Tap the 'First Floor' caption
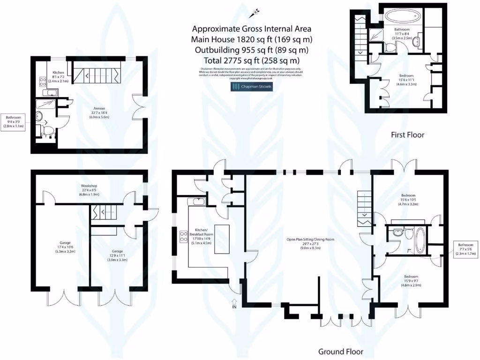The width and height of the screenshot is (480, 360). [x=407, y=135]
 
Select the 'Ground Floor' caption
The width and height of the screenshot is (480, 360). [x=341, y=352]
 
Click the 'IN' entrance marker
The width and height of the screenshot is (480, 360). [x=234, y=307]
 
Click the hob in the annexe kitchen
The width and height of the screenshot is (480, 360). [x=42, y=83]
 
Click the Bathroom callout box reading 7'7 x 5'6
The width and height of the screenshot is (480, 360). [x=466, y=249]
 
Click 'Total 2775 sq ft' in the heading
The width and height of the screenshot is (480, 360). [x=252, y=60]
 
